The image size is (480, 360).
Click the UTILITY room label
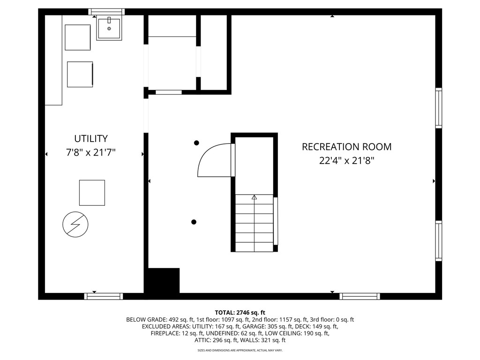tap(91, 139)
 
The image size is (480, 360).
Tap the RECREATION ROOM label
tap(346, 147)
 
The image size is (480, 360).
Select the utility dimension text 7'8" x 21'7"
tap(91, 152)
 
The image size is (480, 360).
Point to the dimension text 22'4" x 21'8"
tap(346, 160)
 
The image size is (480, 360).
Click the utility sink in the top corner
tap(109, 28)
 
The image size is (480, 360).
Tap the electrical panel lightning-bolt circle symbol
tap(75, 225)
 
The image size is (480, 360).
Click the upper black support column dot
tap(196, 142)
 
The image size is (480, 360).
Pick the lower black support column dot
tap(194, 222)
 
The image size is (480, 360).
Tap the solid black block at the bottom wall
tap(164, 281)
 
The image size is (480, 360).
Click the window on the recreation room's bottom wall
tap(360, 296)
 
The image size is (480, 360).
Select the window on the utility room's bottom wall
tap(104, 296)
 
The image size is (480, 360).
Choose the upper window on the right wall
tap(439, 108)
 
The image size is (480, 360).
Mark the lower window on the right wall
tap(439, 241)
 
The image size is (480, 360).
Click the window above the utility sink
tap(106, 12)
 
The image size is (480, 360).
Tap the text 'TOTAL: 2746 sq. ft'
tap(240, 313)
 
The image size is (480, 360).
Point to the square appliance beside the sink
tap(78, 37)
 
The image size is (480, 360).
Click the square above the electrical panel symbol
tap(92, 193)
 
